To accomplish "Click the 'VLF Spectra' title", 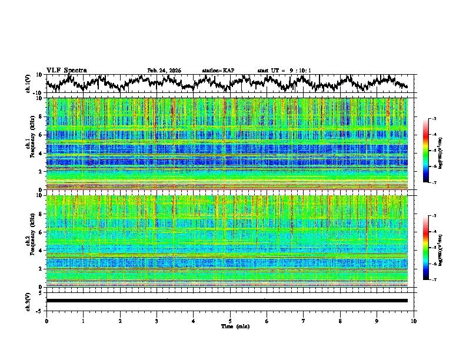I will click(66, 70).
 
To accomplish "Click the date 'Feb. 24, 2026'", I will click(164, 71).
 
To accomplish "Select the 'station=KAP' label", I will click(218, 71).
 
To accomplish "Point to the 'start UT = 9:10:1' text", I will click(284, 71).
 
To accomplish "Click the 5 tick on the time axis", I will click(230, 321).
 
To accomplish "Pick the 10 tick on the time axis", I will click(414, 321).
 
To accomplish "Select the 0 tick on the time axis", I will click(46, 321).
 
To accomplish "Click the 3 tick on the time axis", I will click(157, 321).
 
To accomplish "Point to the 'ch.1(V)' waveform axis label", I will click(28, 84).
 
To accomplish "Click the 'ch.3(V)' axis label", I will click(28, 300).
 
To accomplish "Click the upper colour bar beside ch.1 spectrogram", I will click(426, 151).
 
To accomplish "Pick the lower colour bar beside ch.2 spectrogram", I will click(426, 248).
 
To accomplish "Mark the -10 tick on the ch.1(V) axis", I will click(38, 93).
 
